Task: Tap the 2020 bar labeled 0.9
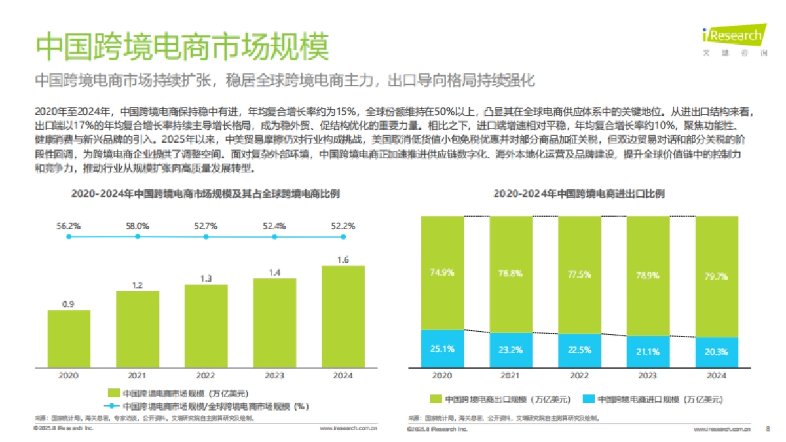69,338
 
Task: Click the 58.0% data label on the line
138,225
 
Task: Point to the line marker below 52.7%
206,236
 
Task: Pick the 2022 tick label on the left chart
206,376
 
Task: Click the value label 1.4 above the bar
274,272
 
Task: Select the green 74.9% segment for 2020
442,272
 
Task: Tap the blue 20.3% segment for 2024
717,352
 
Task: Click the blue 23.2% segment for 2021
511,350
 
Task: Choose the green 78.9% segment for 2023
648,275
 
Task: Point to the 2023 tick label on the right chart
648,376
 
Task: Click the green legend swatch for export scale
436,399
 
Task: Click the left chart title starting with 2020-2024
205,194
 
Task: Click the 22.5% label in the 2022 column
580,349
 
